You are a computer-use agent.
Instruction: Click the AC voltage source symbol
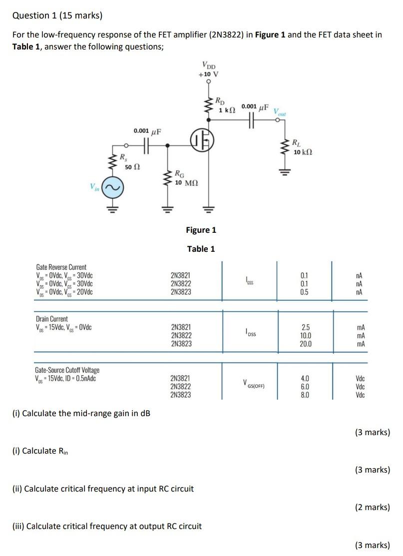112,188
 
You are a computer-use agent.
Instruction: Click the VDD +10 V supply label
208,69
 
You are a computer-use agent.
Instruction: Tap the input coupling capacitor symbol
147,146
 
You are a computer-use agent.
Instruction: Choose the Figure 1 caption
201,230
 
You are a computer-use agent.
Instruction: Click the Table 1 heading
201,249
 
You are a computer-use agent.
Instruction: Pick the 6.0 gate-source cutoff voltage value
305,387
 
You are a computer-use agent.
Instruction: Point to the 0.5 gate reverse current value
305,292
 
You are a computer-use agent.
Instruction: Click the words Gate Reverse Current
61,267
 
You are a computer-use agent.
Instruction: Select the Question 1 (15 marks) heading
57,15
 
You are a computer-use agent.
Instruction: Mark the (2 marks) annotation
373,507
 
